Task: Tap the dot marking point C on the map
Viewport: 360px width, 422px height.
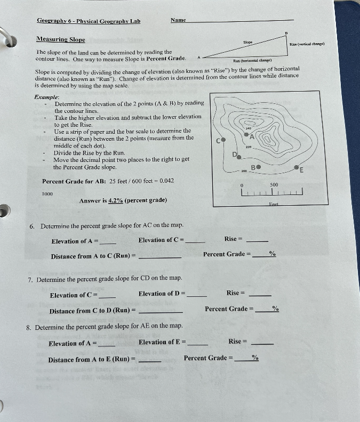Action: [224, 140]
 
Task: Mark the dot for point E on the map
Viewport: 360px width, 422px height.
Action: [297, 168]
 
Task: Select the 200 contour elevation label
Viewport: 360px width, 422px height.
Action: [244, 171]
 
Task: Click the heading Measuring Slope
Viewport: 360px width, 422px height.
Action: [60, 39]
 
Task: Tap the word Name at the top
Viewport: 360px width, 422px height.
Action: [178, 20]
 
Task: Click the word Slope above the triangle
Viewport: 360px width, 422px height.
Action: [248, 42]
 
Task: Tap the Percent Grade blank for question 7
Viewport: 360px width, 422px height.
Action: [263, 309]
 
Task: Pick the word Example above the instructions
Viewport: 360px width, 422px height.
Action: [46, 98]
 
